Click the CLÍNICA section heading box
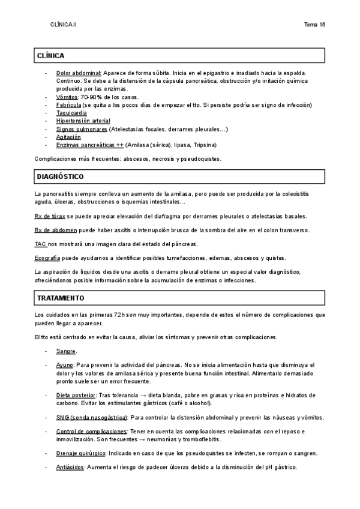click(180, 55)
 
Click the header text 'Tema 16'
click(315, 25)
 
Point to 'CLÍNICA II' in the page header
click(64, 25)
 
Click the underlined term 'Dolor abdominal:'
click(79, 73)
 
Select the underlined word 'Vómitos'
click(67, 97)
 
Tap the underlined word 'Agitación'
click(68, 137)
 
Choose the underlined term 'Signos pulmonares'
click(82, 129)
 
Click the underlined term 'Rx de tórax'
click(50, 216)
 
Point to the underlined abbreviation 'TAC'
click(40, 244)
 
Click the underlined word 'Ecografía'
click(47, 258)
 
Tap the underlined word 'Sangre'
click(66, 351)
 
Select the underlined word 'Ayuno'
click(65, 364)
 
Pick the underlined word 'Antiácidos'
click(70, 467)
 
